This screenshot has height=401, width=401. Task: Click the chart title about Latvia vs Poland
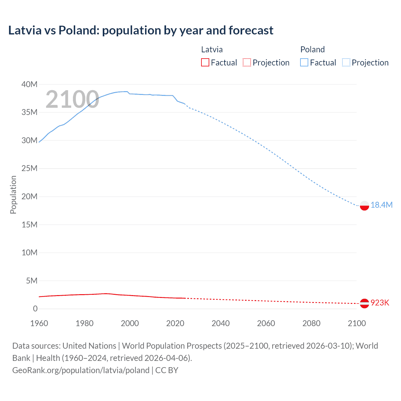click(x=141, y=30)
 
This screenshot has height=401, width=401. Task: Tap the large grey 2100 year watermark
click(x=72, y=99)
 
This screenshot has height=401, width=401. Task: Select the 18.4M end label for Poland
click(x=381, y=205)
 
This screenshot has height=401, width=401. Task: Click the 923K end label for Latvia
click(x=380, y=303)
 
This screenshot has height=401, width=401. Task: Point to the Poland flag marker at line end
click(x=364, y=206)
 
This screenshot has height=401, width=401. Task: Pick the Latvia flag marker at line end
click(x=364, y=303)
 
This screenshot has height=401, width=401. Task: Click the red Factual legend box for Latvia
click(x=205, y=63)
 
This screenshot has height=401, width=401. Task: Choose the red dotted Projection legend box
click(x=247, y=63)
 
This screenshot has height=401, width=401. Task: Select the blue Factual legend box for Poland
click(x=304, y=63)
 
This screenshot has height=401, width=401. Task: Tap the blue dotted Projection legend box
click(x=346, y=63)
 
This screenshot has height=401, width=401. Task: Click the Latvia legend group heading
click(x=212, y=49)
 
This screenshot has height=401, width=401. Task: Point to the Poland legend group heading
click(x=312, y=49)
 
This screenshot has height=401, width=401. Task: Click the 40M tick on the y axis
click(x=29, y=84)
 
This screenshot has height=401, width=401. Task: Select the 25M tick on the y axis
click(x=29, y=169)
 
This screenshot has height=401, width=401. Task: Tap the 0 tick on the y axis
click(x=35, y=309)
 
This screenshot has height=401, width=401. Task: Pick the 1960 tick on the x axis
click(x=39, y=323)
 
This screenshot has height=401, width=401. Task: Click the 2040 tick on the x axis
click(x=221, y=323)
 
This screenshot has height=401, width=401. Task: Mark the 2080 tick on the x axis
click(x=311, y=323)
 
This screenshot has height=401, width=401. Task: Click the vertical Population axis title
click(x=13, y=195)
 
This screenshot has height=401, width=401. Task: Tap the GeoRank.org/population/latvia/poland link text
click(x=81, y=370)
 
